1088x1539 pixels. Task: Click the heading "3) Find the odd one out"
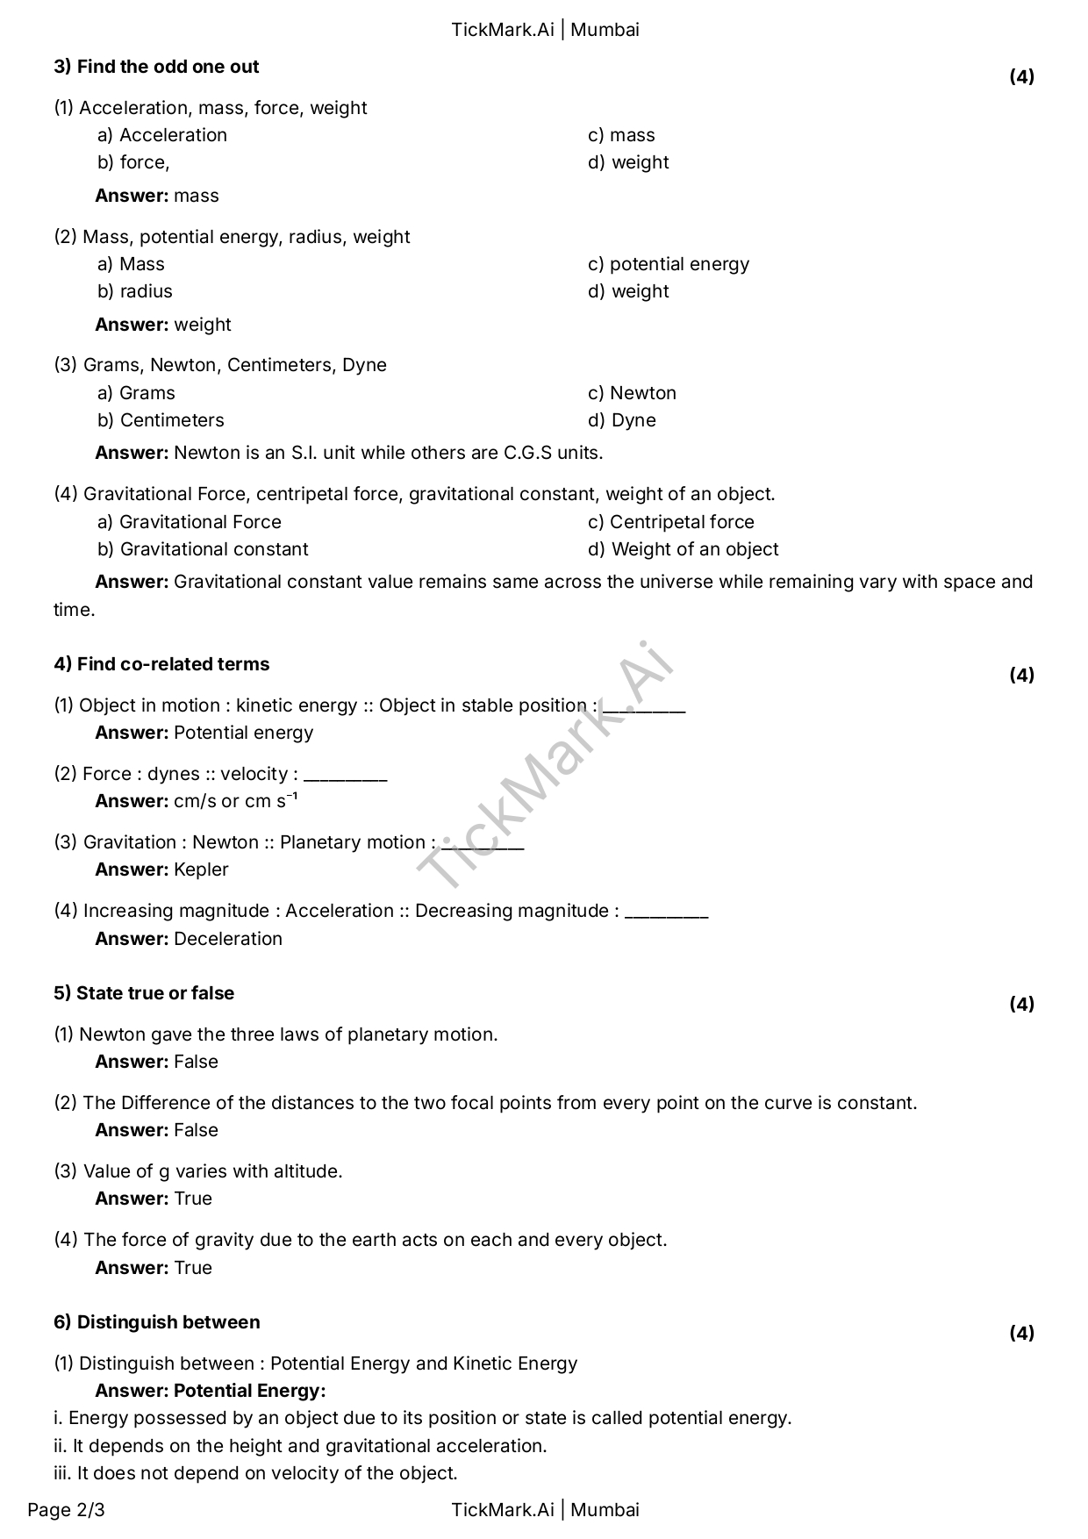156,67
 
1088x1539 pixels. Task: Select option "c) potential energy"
669,264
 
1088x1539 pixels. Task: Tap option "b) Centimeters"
161,420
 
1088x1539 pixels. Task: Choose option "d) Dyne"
622,420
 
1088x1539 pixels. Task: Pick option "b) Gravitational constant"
203,549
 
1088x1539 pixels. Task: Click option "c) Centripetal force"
671,522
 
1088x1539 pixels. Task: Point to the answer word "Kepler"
201,870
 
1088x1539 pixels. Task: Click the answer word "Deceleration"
228,939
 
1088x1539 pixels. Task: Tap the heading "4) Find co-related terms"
161,664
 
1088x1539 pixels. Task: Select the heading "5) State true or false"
144,993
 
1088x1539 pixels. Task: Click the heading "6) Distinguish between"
157,1322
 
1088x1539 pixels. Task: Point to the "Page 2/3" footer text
66,1510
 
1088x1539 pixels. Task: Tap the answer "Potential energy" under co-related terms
243,733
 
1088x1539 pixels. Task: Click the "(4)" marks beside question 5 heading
1021,1004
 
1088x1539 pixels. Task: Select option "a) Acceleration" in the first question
162,135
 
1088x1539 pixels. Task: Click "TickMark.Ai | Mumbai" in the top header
545,30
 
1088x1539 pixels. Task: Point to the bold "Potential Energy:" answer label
249,1391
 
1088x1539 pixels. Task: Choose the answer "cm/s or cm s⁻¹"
235,801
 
